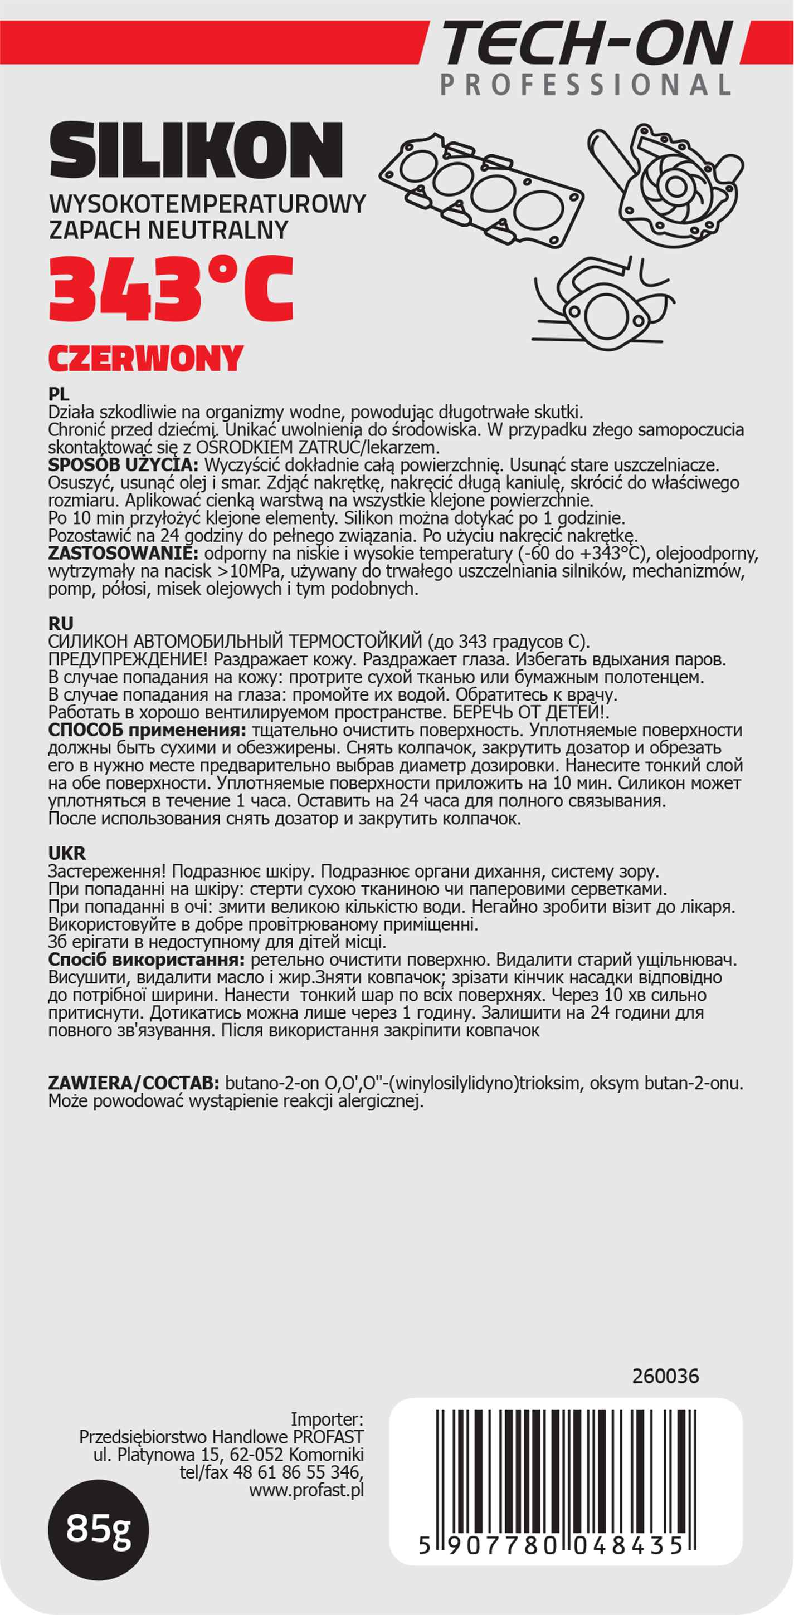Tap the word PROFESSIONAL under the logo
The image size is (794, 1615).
(585, 85)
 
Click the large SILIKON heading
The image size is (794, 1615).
(196, 150)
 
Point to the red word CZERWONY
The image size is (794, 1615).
(145, 359)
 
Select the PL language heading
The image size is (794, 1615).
(59, 394)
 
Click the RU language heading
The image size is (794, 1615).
(61, 624)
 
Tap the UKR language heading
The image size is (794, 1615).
(67, 853)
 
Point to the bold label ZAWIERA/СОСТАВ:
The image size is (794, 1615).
(134, 1083)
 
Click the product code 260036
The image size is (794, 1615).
(665, 1376)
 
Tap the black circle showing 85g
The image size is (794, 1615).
(99, 1529)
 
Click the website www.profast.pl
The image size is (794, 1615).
(306, 1490)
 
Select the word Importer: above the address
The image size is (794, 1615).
(327, 1420)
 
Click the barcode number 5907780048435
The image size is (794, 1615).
(551, 1546)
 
